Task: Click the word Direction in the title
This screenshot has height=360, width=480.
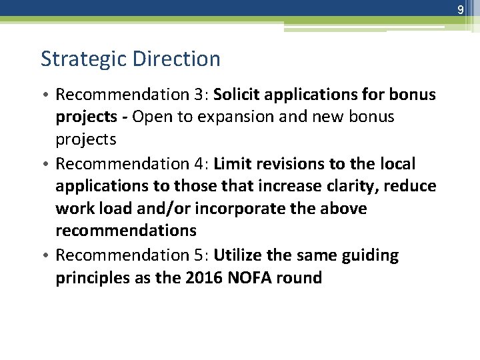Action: [176, 59]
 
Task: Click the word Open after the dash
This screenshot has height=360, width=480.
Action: [152, 117]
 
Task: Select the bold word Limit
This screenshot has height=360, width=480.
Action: [233, 163]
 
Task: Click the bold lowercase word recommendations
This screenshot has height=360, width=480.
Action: [126, 231]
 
